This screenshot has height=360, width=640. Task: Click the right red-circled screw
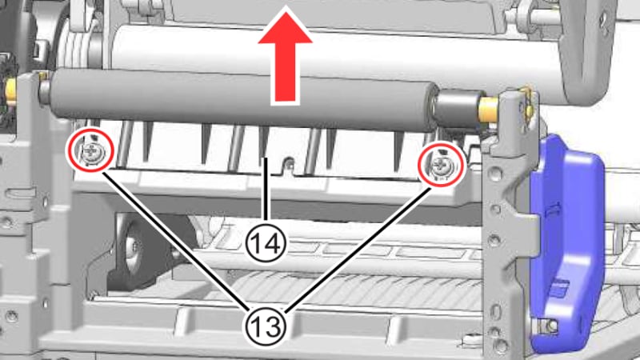point(440,166)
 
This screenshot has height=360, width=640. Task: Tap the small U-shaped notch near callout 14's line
point(289,166)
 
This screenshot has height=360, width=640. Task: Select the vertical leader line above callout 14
point(264,192)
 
